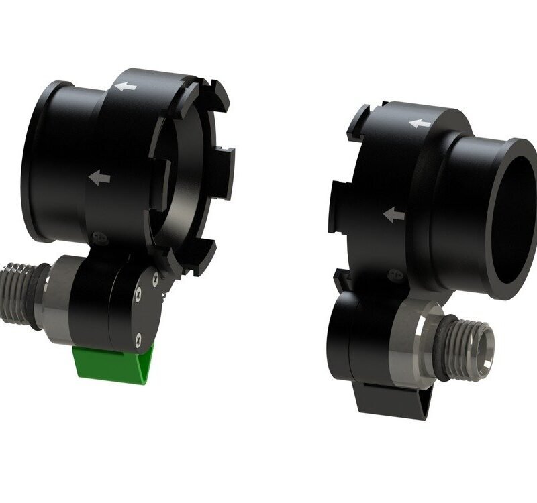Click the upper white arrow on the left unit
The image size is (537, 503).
tap(126, 87)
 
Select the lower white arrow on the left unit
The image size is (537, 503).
tap(100, 178)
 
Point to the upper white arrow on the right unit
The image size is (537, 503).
tap(420, 123)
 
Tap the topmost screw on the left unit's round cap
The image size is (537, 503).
tap(155, 274)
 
